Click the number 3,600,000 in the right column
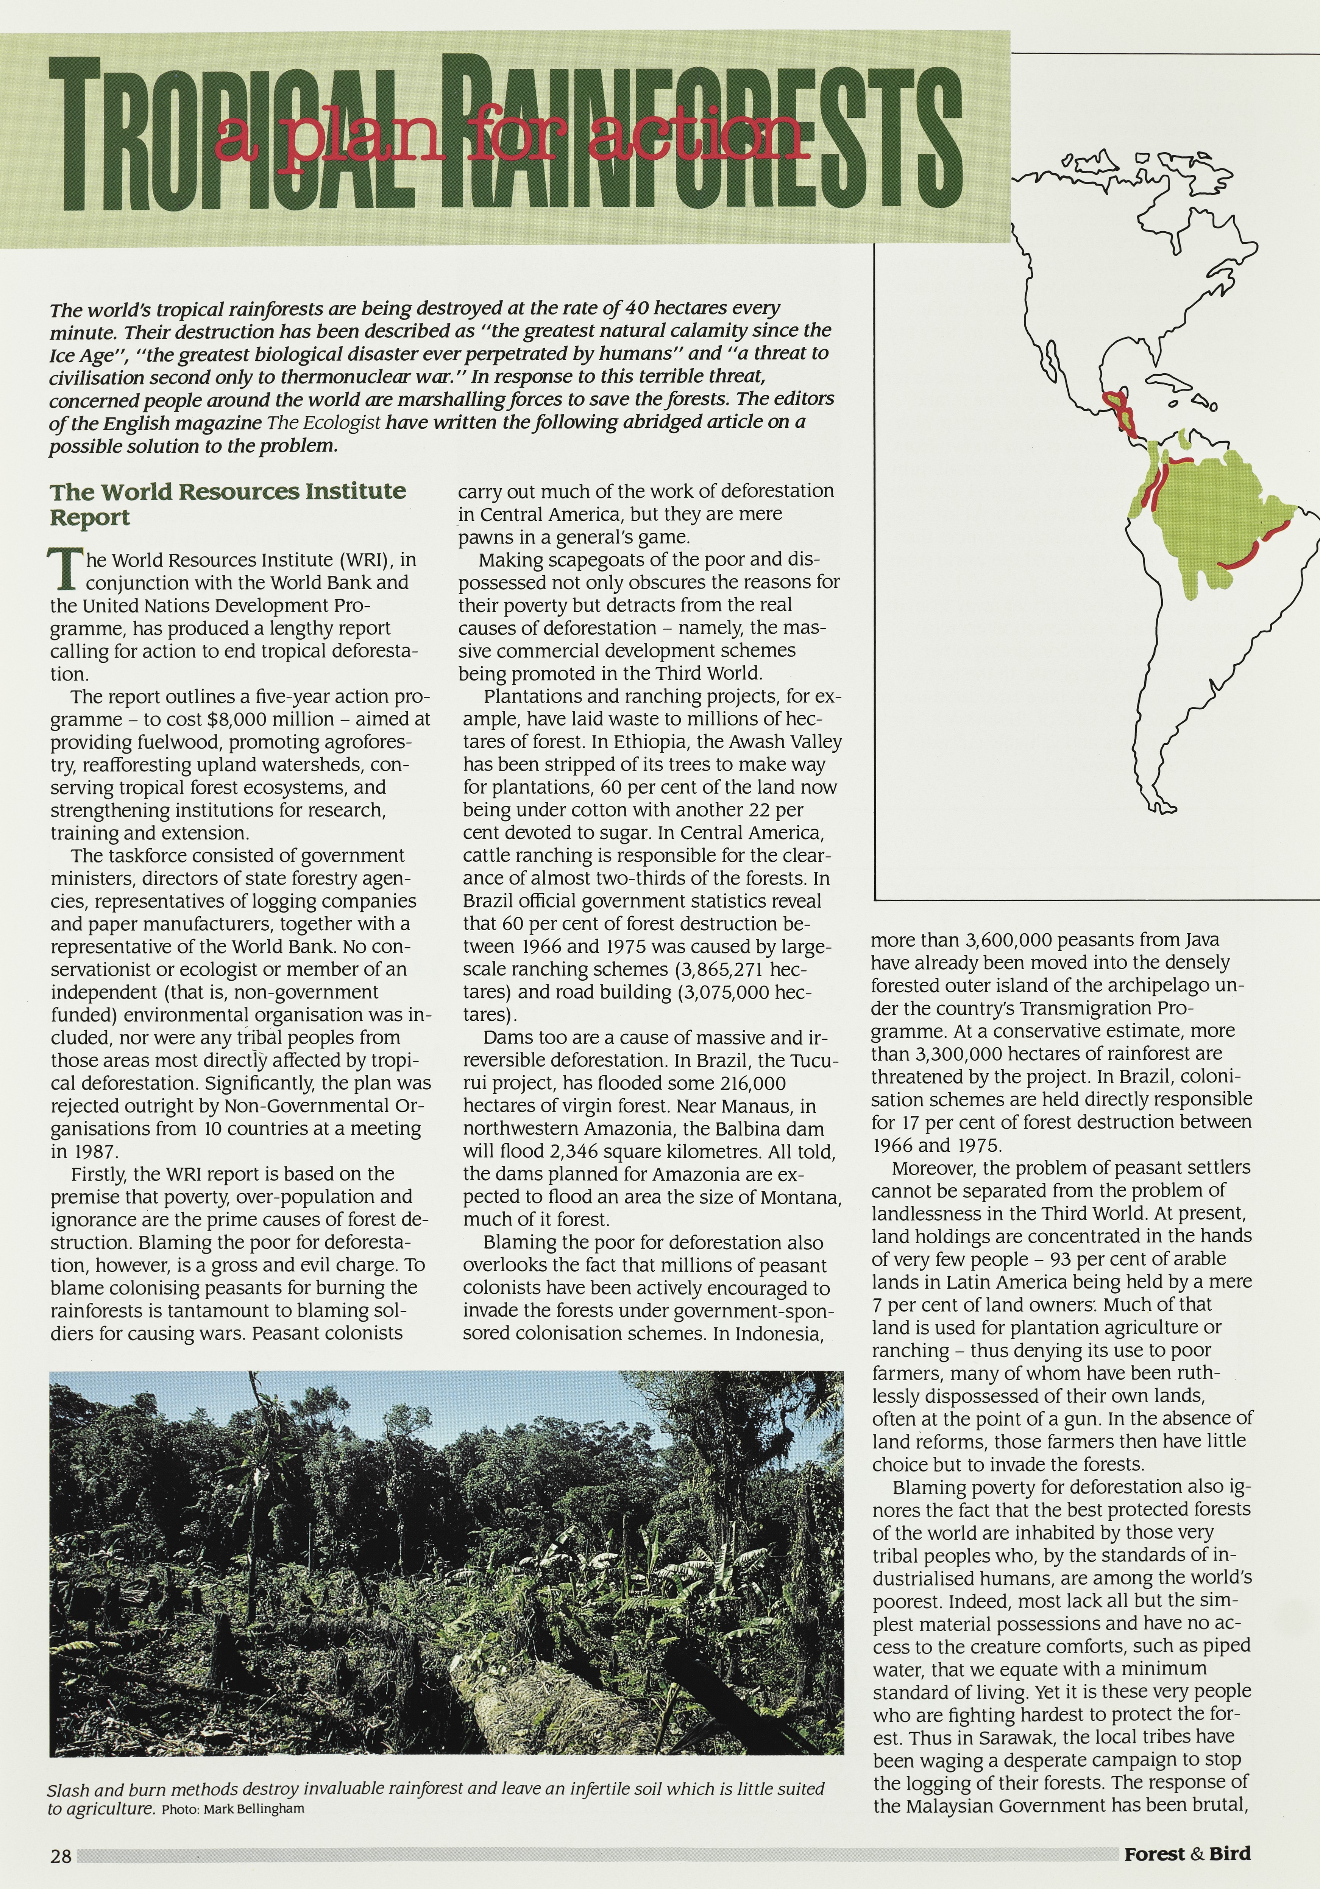pyautogui.click(x=997, y=941)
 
